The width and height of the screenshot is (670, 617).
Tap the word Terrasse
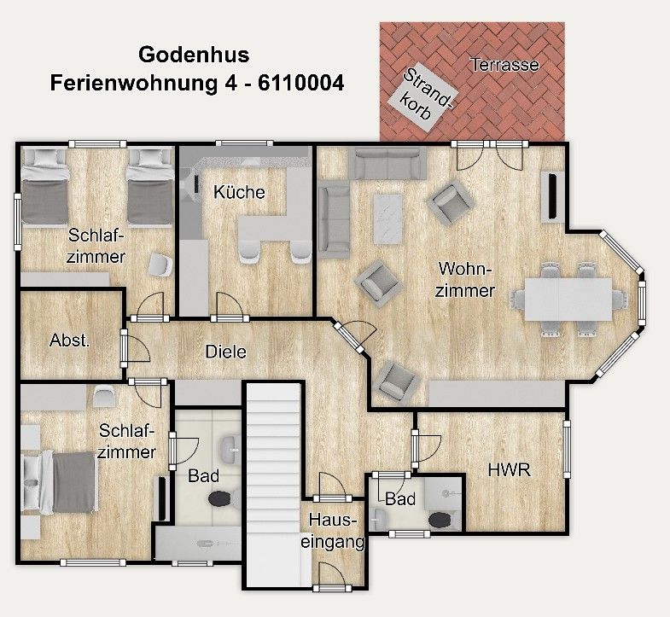504,64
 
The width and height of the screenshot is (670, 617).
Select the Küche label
239,192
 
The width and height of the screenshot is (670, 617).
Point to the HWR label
505,469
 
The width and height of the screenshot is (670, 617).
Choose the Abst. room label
69,339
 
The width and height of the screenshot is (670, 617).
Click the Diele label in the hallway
225,351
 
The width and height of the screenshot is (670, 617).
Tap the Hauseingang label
337,530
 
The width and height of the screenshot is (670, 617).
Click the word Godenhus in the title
194,55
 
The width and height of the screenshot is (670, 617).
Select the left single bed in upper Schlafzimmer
45,186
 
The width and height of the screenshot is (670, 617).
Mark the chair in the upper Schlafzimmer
160,265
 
